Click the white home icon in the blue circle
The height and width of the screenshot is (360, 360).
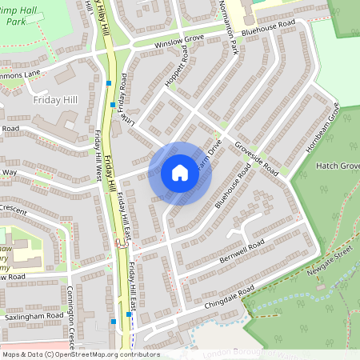coord(180,173)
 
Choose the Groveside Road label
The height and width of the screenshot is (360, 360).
coord(256,159)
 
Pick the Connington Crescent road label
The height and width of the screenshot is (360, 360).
coord(74,312)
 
